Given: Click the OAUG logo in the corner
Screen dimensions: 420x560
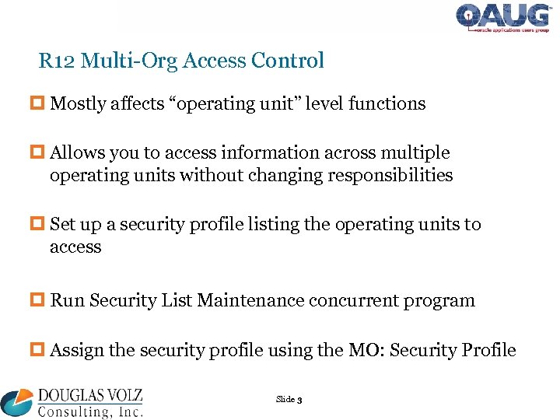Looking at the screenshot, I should click(505, 18).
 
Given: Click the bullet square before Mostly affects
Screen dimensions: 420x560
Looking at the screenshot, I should click(41, 103).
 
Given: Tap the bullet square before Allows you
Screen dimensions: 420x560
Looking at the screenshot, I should click(41, 152).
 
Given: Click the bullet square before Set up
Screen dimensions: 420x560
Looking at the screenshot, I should click(41, 224).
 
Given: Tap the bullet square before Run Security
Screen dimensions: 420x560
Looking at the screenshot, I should click(41, 300).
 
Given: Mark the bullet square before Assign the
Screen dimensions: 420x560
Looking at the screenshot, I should click(41, 350).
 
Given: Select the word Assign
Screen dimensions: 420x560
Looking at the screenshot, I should click(76, 350).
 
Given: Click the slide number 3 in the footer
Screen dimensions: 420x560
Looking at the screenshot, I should click(299, 400).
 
